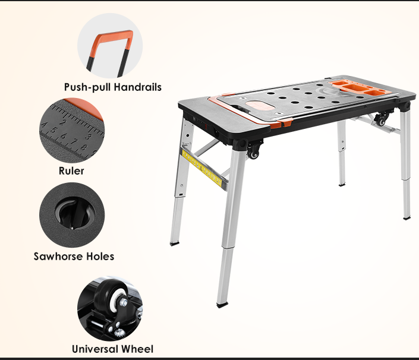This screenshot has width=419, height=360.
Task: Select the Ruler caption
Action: pos(71,171)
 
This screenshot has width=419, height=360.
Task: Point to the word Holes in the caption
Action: pos(100,257)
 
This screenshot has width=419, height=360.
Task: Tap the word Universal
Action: pos(95,349)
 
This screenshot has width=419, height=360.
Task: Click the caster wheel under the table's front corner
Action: pos(254,151)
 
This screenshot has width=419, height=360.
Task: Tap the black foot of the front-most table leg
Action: pos(222,304)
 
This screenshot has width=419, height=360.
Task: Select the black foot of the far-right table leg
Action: pos(407,217)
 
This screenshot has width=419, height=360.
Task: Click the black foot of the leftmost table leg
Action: pos(175,242)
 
